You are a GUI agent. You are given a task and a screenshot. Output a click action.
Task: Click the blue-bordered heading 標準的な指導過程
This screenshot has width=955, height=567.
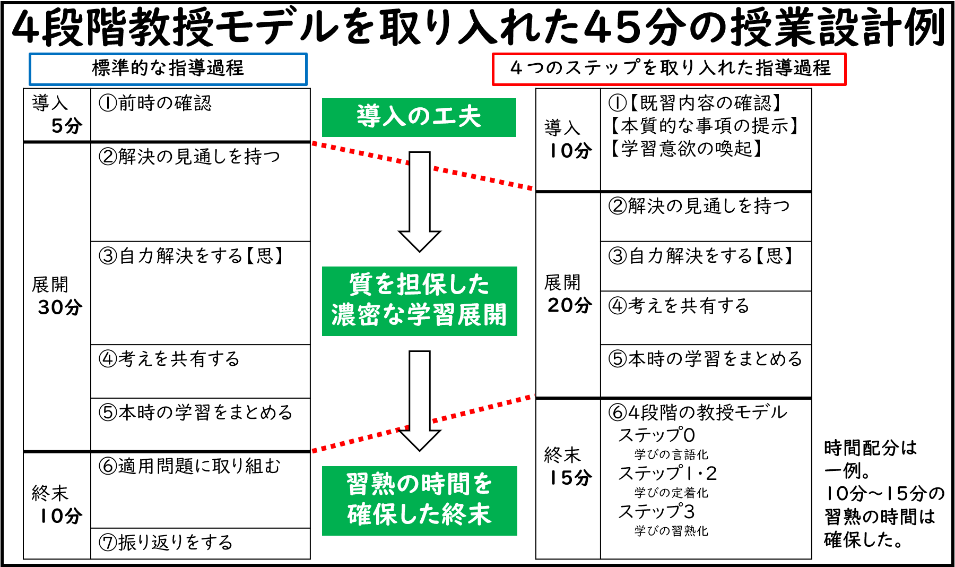[168, 68]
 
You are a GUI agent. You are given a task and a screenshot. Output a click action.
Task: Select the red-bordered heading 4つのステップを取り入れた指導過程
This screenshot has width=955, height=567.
[669, 68]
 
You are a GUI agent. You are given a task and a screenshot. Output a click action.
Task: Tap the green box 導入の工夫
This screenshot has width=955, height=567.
[419, 117]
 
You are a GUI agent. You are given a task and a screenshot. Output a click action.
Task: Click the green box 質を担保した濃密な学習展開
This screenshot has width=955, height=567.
[419, 300]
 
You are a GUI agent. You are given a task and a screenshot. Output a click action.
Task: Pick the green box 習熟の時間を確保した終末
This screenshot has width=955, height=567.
[419, 500]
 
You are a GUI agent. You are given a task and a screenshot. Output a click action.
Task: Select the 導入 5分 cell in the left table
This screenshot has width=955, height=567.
[57, 115]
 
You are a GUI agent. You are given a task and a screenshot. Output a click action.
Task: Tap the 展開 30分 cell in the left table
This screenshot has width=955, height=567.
[57, 296]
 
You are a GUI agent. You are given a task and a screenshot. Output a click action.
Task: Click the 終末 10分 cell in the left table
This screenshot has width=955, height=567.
[57, 504]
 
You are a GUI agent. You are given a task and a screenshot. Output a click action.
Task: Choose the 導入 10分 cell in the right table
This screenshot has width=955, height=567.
[568, 139]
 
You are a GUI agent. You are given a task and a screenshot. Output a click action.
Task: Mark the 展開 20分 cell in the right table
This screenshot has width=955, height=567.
[568, 294]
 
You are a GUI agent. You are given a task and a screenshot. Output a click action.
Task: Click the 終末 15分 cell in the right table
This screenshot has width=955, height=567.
[568, 466]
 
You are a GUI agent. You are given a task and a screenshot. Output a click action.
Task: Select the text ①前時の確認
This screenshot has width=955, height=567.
[155, 103]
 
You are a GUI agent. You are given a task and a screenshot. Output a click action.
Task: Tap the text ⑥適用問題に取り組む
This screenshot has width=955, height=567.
[189, 466]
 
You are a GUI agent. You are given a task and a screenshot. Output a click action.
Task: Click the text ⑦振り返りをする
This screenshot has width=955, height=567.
[166, 543]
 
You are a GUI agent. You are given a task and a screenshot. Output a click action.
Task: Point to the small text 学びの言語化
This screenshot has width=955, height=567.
[671, 454]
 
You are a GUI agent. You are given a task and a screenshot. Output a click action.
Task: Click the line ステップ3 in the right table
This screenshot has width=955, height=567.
[656, 512]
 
